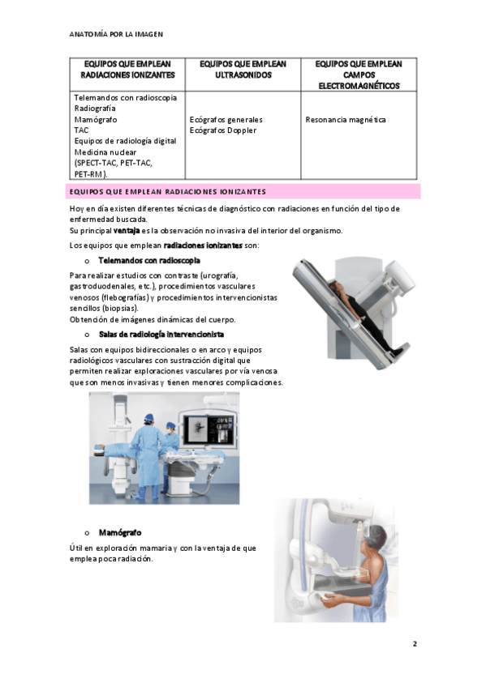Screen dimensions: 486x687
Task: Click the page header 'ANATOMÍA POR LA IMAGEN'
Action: tap(116, 34)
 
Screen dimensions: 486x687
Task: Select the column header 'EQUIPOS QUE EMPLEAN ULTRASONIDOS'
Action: tap(243, 70)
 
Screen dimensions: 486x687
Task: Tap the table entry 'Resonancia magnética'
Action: tap(346, 120)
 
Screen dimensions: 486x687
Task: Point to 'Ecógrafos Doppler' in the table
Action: tap(223, 130)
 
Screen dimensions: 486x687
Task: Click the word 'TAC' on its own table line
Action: tap(81, 130)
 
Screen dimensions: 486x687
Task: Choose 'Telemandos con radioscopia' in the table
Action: tap(126, 98)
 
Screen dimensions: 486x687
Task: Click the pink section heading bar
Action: tap(245, 191)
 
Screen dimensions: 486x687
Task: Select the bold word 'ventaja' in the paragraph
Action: tap(127, 230)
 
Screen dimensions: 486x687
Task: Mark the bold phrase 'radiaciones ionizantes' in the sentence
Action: tap(203, 245)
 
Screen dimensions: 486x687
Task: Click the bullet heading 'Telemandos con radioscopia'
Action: tap(149, 261)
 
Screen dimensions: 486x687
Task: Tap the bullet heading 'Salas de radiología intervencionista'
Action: tap(161, 335)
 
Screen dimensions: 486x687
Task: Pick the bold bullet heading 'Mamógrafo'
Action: tap(120, 533)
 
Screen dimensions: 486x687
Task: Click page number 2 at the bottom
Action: tap(415, 643)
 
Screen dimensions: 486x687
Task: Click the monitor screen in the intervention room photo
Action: tap(209, 430)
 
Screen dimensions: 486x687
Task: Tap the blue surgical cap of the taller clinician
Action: tap(149, 417)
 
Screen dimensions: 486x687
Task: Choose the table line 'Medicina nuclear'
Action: tap(105, 152)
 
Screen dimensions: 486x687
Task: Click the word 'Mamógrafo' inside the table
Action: tap(96, 120)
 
